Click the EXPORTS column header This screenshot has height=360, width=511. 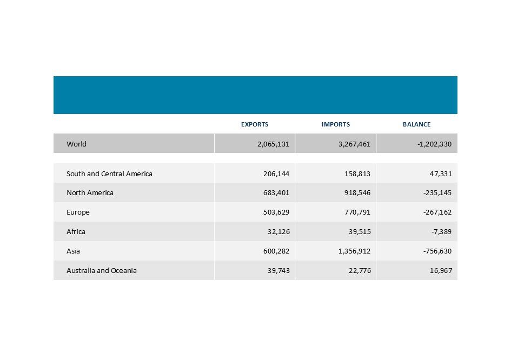pyautogui.click(x=254, y=124)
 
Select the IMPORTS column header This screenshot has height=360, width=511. pyautogui.click(x=335, y=124)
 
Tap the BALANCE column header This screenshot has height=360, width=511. pyautogui.click(x=416, y=124)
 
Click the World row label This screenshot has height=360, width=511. pyautogui.click(x=76, y=144)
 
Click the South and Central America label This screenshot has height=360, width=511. pyautogui.click(x=109, y=174)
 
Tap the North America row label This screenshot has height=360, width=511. pyautogui.click(x=90, y=193)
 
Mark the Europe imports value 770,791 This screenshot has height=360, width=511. pyautogui.click(x=355, y=212)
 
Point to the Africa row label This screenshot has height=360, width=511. pyautogui.click(x=76, y=232)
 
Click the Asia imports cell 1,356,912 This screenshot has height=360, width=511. pyautogui.click(x=351, y=251)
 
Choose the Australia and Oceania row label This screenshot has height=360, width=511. pyautogui.click(x=102, y=270)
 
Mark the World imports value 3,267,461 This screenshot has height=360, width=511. pyautogui.click(x=351, y=144)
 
